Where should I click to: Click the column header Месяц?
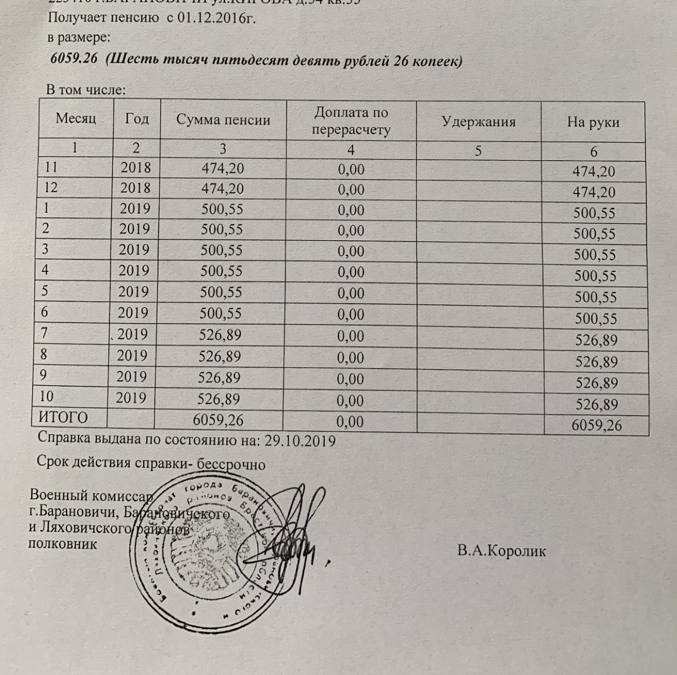(x=76, y=118)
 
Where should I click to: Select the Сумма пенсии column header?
(x=223, y=120)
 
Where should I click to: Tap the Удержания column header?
(x=478, y=121)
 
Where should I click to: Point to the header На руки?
(x=593, y=122)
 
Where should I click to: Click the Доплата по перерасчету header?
(x=351, y=121)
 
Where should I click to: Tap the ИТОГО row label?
(x=63, y=418)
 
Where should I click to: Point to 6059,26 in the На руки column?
(x=596, y=425)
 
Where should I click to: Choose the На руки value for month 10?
(x=595, y=404)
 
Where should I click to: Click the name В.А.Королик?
(x=502, y=551)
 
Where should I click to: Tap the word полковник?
(x=62, y=544)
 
